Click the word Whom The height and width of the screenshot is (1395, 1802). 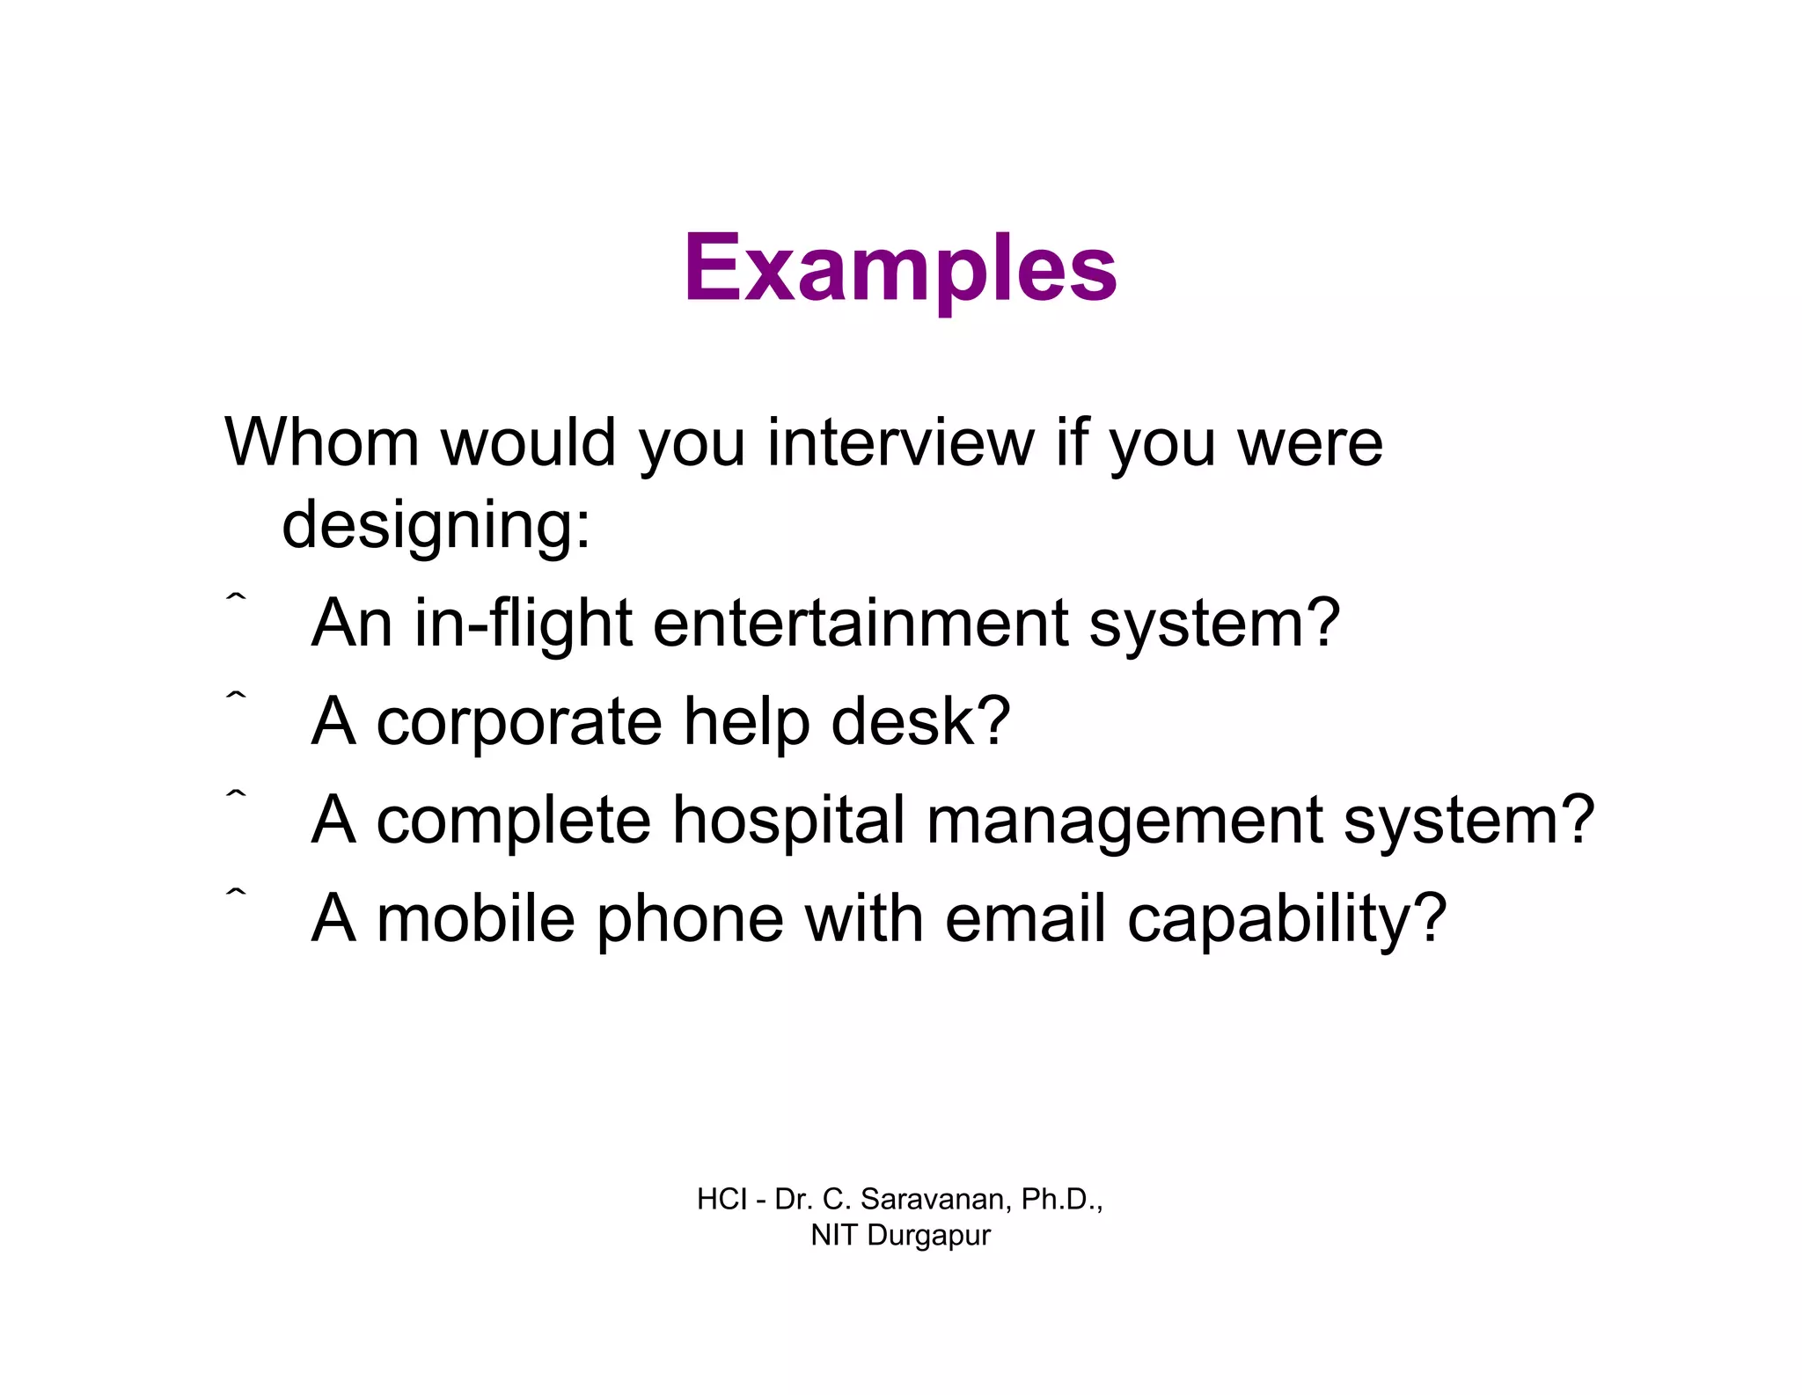point(322,442)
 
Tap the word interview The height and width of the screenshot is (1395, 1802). point(900,442)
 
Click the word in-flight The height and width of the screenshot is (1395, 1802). point(524,624)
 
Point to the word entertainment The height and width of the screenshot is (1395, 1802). point(860,624)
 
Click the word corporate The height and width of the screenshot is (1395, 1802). point(519,722)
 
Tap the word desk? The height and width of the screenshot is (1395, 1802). point(920,722)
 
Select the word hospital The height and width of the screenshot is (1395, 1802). point(788,821)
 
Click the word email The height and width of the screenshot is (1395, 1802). point(1025,919)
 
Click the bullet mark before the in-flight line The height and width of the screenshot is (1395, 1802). point(236,597)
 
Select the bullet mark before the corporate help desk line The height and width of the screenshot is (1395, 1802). point(236,696)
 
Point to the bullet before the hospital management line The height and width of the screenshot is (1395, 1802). point(236,794)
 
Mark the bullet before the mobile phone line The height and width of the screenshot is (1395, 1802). point(236,893)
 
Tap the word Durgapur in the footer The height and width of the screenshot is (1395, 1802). point(928,1236)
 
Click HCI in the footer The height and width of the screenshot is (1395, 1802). point(722,1199)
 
